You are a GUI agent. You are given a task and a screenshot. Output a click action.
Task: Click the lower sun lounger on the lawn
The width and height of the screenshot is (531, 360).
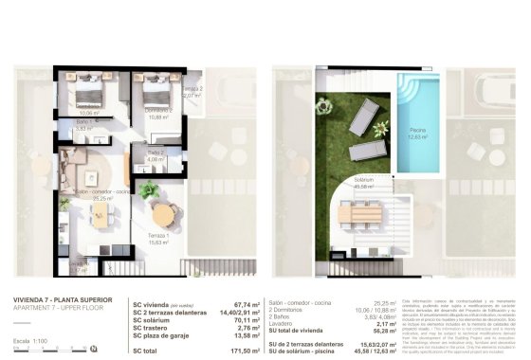(x=366, y=149)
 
